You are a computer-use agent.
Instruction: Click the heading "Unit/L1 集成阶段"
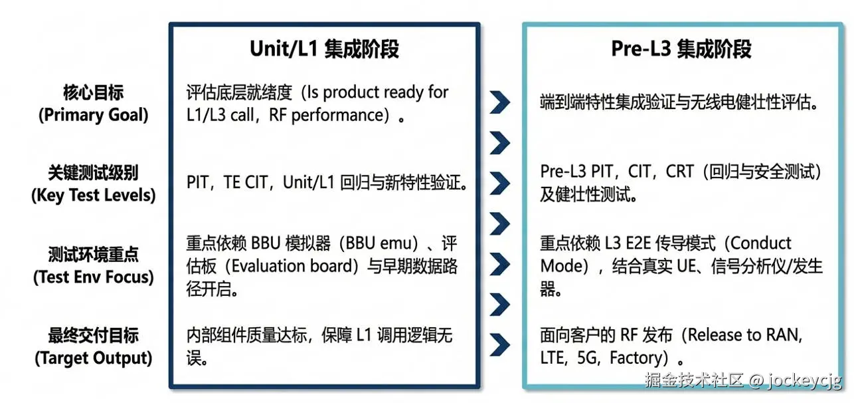(x=324, y=49)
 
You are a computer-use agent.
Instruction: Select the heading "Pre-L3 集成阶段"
(x=681, y=49)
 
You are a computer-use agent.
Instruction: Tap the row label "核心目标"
(x=93, y=92)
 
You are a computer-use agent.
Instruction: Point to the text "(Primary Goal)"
(x=93, y=114)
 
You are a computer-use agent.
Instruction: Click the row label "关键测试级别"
(x=93, y=173)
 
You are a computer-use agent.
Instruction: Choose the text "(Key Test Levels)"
(x=93, y=196)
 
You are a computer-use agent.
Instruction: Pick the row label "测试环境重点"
(x=93, y=254)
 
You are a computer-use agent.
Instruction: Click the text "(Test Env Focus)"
(x=93, y=277)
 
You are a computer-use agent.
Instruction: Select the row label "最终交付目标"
(x=93, y=335)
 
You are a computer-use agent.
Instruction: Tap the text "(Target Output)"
(x=93, y=358)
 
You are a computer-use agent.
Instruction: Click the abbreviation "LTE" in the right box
(x=555, y=358)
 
